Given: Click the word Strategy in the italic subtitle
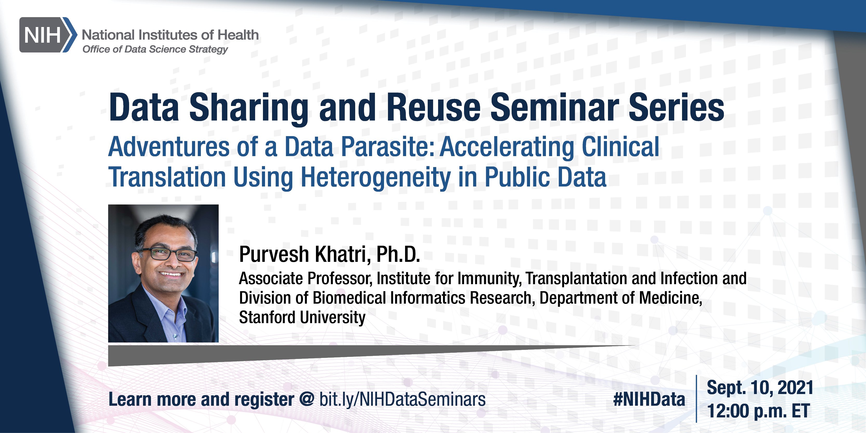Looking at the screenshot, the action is [208, 49].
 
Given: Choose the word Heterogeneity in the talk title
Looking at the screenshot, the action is [375, 177].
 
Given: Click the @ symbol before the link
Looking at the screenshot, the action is [306, 400].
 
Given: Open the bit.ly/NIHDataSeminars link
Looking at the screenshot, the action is [402, 400].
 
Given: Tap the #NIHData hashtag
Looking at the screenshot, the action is [649, 399].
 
